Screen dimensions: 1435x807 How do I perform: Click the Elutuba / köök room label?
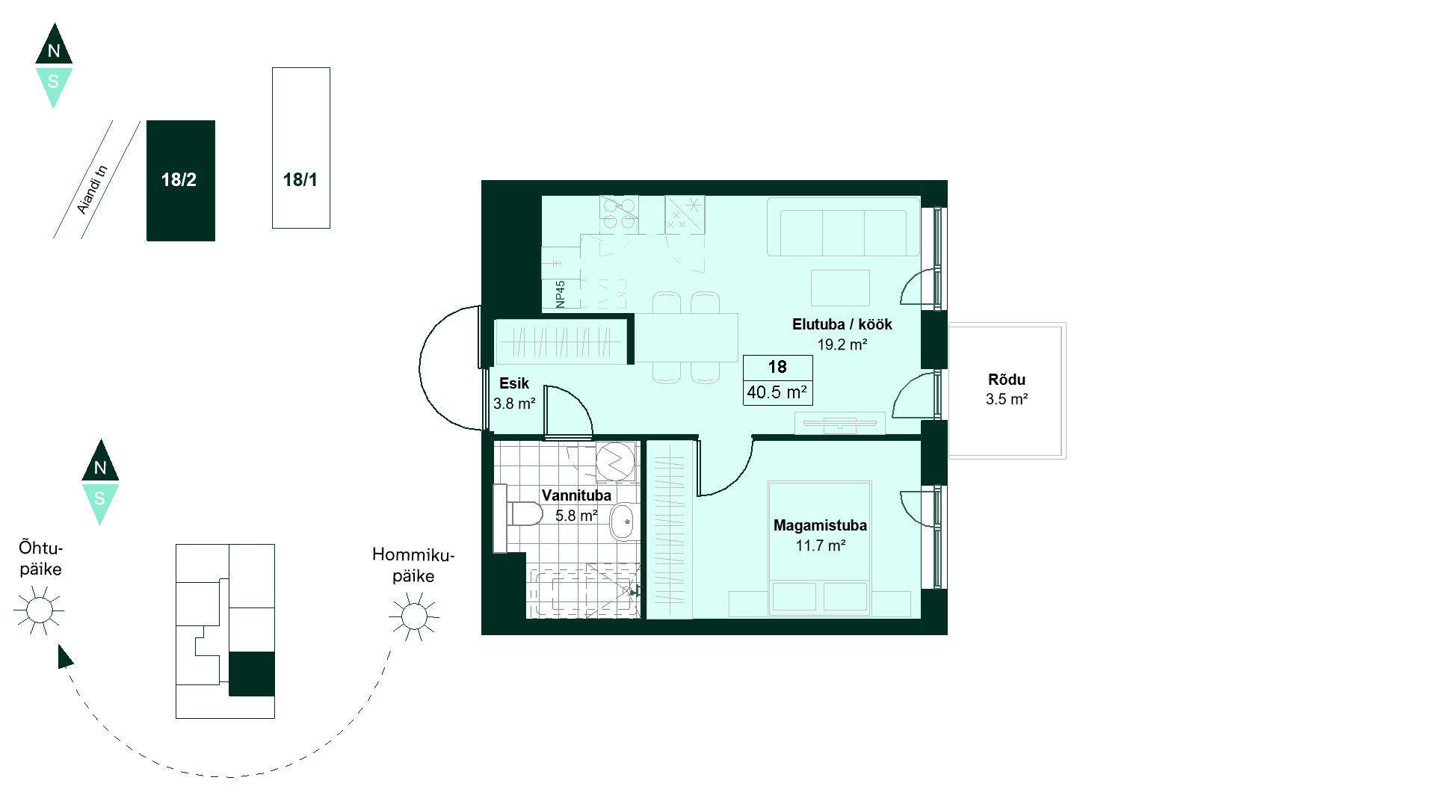point(842,324)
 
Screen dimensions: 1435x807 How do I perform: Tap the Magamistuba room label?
point(820,525)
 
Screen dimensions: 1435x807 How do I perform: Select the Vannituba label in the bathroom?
point(576,495)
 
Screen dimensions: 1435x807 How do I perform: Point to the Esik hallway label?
point(514,383)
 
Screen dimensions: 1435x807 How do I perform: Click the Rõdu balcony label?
point(1007,380)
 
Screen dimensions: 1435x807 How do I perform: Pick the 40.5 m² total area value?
point(777,392)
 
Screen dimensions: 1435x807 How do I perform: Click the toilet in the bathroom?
point(519,514)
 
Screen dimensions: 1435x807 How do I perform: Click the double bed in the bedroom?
point(820,549)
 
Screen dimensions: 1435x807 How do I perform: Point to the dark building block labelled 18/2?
point(181,181)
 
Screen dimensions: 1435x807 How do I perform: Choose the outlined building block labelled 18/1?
point(301,148)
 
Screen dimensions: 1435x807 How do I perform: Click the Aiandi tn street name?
point(93,189)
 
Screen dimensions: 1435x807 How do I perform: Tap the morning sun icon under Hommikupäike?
point(413,616)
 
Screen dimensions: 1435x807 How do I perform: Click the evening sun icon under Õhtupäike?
point(39,610)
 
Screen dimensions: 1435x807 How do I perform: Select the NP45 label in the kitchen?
point(561,294)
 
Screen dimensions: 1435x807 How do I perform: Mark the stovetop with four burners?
point(619,214)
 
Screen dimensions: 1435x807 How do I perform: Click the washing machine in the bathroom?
point(616,461)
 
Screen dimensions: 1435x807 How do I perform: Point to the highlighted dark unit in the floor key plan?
point(252,674)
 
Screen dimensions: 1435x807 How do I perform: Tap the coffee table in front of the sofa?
point(841,288)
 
